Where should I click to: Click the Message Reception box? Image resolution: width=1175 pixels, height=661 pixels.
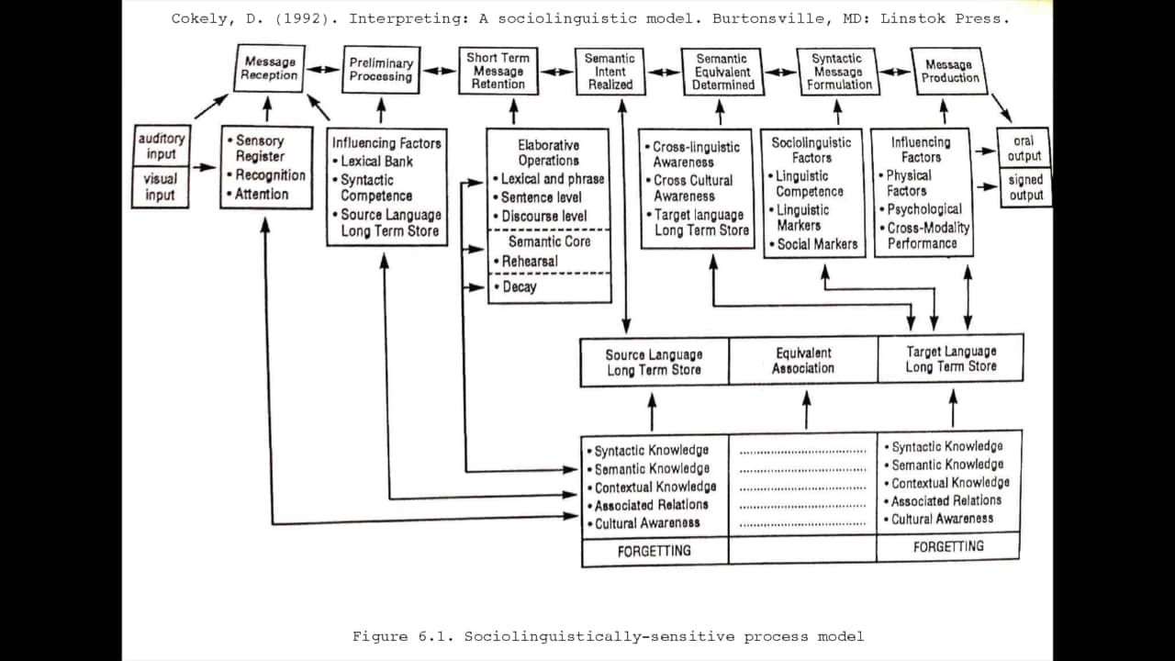[x=269, y=69]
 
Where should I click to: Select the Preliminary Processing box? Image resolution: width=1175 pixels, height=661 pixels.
[x=381, y=70]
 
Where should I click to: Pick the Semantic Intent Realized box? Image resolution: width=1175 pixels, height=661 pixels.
[x=610, y=71]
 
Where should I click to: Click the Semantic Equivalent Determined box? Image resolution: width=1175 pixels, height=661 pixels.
[x=722, y=72]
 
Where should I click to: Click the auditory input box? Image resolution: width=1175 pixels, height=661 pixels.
[x=161, y=146]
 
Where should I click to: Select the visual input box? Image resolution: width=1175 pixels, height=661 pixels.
[x=161, y=187]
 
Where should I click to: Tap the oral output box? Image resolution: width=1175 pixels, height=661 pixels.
[x=1025, y=148]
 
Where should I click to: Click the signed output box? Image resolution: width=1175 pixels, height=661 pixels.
[x=1025, y=187]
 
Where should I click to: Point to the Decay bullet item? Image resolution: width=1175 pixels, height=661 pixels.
[x=519, y=287]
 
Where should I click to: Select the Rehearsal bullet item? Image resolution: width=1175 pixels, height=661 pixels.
[x=529, y=262]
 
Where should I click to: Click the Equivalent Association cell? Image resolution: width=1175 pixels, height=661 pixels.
[x=803, y=361]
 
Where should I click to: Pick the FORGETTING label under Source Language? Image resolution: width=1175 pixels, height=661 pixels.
[x=655, y=551]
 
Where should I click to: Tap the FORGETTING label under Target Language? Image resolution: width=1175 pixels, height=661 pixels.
[x=948, y=546]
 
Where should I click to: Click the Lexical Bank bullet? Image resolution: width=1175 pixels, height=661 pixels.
[x=376, y=162]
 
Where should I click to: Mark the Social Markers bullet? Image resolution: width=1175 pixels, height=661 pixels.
[x=816, y=244]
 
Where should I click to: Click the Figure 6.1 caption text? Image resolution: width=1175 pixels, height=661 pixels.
[x=608, y=636]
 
